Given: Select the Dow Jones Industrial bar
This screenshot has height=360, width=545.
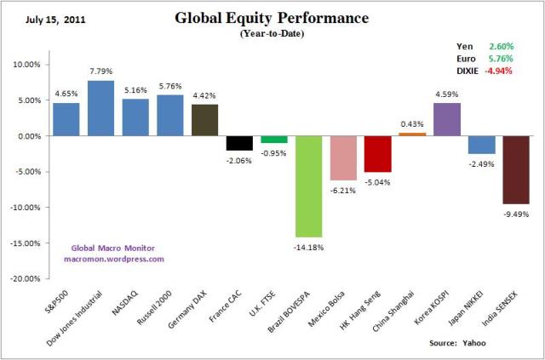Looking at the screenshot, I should [100, 108].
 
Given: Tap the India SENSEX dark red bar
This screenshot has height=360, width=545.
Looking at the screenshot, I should [516, 169].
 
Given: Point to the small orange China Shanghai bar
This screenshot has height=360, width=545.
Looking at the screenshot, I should [412, 134].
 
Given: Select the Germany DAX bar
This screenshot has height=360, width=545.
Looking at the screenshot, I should [204, 120].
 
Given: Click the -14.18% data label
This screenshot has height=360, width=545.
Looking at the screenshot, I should [308, 247].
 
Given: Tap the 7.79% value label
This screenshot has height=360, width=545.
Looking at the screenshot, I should [100, 71].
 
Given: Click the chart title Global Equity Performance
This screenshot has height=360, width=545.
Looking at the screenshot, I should [272, 18].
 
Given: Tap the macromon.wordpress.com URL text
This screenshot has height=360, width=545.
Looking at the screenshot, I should [113, 259].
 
